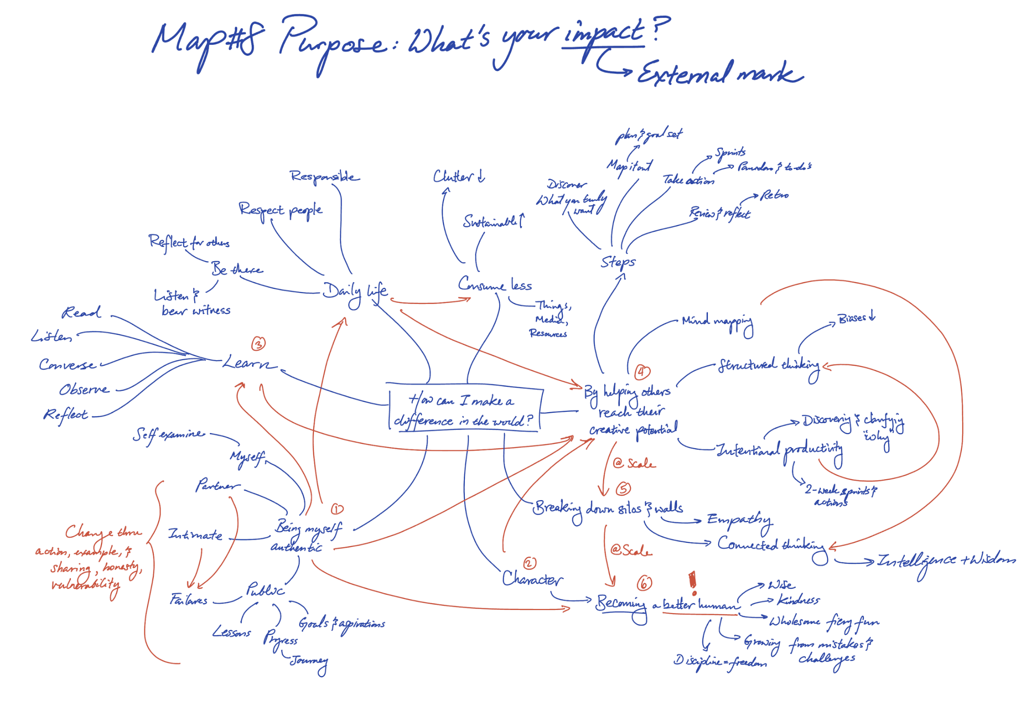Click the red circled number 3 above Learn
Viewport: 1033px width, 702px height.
click(258, 344)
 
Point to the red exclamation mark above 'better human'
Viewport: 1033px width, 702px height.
click(692, 583)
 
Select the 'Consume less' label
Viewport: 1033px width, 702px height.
click(494, 285)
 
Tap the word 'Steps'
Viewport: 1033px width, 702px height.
click(618, 262)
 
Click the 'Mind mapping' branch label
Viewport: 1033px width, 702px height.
click(717, 322)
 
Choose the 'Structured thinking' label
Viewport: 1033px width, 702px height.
click(769, 366)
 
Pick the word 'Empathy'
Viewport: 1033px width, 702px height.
click(739, 520)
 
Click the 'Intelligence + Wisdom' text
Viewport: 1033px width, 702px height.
click(945, 561)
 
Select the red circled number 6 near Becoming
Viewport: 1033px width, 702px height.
click(644, 583)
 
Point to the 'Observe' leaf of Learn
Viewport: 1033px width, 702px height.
click(84, 390)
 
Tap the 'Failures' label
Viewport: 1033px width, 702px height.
click(189, 600)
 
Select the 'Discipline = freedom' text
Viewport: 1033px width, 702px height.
click(720, 661)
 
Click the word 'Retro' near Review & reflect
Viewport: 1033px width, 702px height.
click(774, 195)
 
